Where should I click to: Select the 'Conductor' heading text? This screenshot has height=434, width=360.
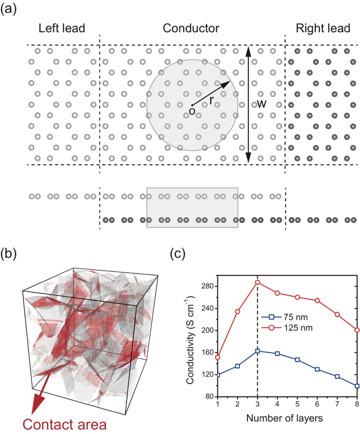click(191, 28)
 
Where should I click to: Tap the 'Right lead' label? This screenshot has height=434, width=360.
click(322, 28)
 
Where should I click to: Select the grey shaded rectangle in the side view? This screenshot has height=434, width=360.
click(192, 207)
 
